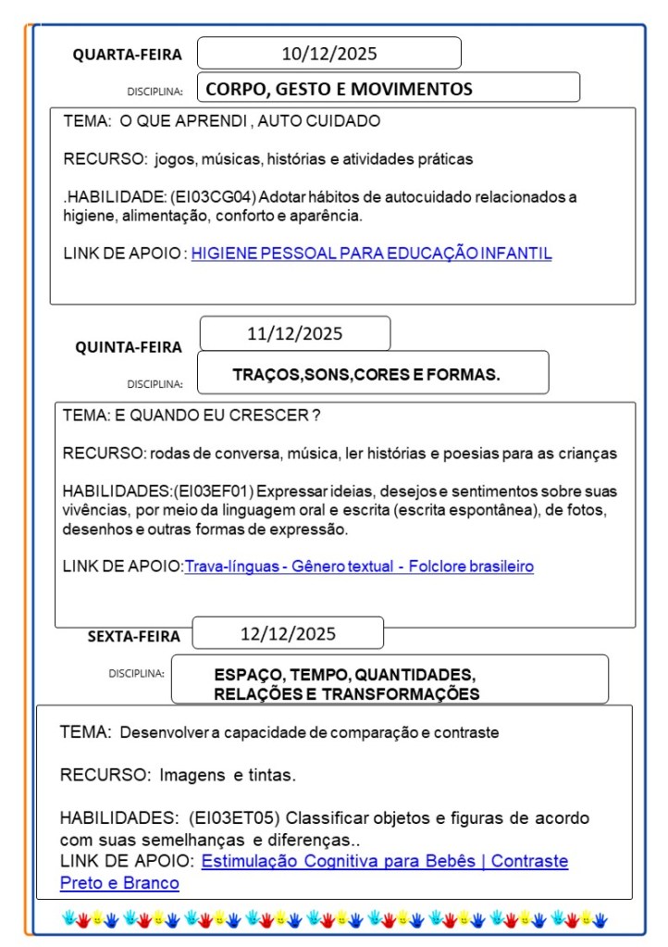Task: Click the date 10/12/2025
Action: pyautogui.click(x=329, y=54)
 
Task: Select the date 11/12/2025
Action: pyautogui.click(x=294, y=333)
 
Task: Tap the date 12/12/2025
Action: pyautogui.click(x=288, y=634)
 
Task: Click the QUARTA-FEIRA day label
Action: pyautogui.click(x=128, y=55)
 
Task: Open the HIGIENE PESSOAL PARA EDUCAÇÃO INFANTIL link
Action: pyautogui.click(x=371, y=253)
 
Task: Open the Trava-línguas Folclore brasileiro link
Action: pyautogui.click(x=359, y=566)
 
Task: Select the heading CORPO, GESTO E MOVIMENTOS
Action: pyautogui.click(x=339, y=90)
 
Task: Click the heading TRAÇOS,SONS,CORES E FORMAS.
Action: pyautogui.click(x=366, y=375)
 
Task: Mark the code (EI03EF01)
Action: pyautogui.click(x=214, y=491)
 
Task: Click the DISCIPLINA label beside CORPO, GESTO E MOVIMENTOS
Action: pyautogui.click(x=155, y=92)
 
